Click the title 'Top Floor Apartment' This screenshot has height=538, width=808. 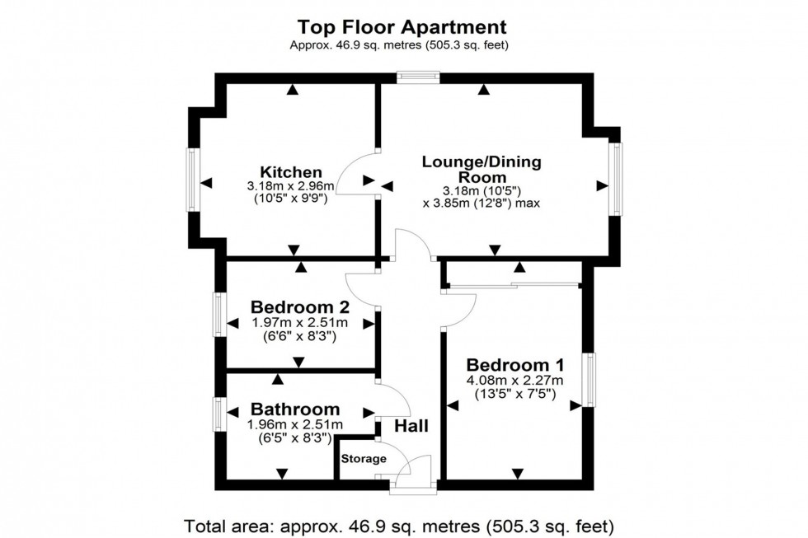(403, 27)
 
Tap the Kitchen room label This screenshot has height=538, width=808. (291, 172)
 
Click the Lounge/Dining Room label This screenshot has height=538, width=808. (482, 169)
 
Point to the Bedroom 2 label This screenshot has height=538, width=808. (300, 307)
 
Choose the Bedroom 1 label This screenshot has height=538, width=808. (515, 365)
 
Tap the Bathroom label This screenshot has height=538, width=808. (295, 409)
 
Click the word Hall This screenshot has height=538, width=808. (411, 426)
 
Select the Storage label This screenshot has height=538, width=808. (364, 459)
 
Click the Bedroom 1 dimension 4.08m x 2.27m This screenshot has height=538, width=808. (515, 381)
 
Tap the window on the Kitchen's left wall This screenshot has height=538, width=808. (192, 180)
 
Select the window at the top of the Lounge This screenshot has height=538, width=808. (417, 78)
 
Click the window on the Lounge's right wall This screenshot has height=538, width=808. (615, 179)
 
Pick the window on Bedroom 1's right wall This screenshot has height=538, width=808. (589, 380)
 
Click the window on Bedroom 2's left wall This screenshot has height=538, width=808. (219, 314)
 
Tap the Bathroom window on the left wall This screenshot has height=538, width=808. (219, 414)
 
